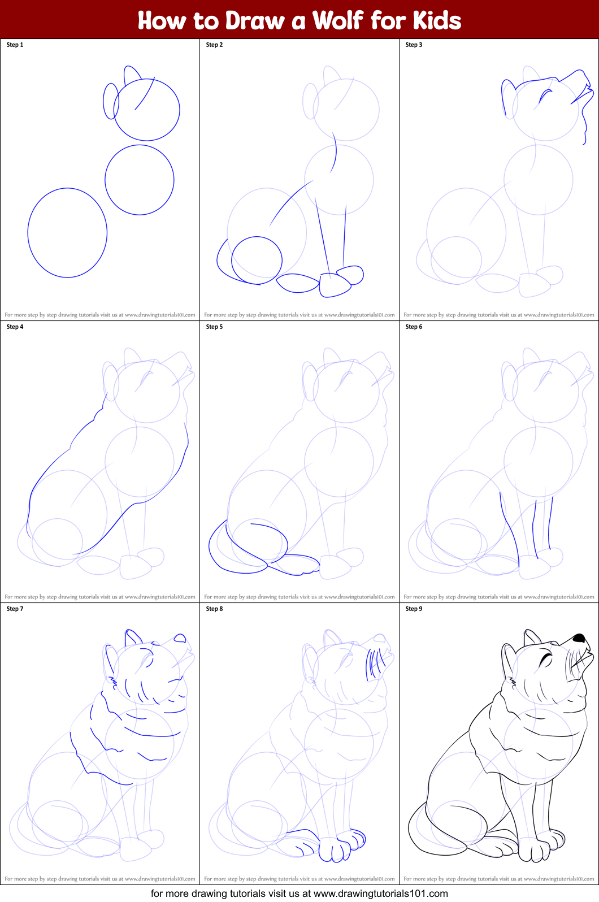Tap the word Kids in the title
point(437,21)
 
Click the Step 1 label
point(15,45)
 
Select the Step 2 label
point(214,45)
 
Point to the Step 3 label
point(414,45)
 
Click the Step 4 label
point(15,327)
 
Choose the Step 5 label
point(214,327)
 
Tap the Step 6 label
point(414,327)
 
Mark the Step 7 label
point(15,609)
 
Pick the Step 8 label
point(214,609)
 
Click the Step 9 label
point(414,609)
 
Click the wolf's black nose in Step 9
point(579,638)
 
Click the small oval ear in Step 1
point(111,101)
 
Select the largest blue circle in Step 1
point(67,233)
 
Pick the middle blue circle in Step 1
point(139,180)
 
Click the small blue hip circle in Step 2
point(257,261)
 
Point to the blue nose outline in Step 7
point(180,638)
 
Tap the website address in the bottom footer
point(380,894)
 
